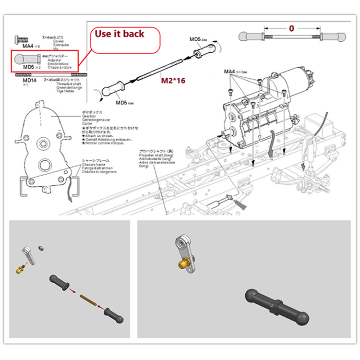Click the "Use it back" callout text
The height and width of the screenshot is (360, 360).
(120, 34)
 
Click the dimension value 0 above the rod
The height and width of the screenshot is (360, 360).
(291, 28)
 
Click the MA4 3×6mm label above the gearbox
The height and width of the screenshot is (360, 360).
(235, 72)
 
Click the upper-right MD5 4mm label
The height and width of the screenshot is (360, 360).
(198, 39)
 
